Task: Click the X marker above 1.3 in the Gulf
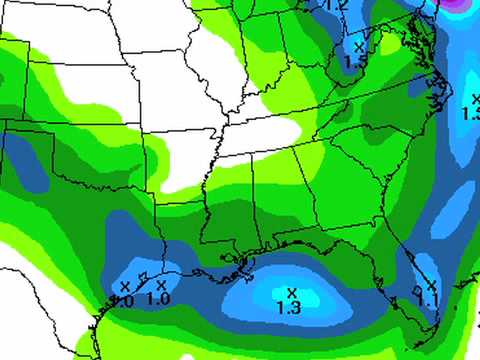pos(292,292)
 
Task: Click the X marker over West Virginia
pos(359,47)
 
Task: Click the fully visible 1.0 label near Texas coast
pos(158,298)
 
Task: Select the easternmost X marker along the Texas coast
pos(161,284)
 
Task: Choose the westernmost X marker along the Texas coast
pos(125,287)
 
